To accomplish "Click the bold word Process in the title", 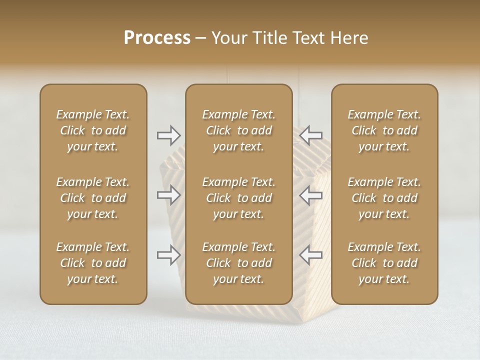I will (x=157, y=38).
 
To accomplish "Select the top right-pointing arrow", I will (x=169, y=135).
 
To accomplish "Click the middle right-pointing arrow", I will (x=169, y=194).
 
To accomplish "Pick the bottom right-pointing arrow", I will (x=169, y=254).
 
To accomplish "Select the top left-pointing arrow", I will (x=310, y=135).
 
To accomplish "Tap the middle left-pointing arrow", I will (x=310, y=194).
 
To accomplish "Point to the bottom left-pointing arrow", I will (x=310, y=254).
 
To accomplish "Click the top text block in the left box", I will (x=93, y=130).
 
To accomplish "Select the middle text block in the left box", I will (x=93, y=198).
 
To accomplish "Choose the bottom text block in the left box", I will (x=93, y=263).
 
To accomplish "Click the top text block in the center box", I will (x=238, y=130).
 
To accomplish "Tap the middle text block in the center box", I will (x=238, y=198).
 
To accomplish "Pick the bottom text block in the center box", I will (x=238, y=263).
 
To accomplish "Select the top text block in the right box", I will (x=384, y=130).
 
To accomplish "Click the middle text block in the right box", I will (x=384, y=198).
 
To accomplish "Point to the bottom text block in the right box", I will (x=384, y=263).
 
